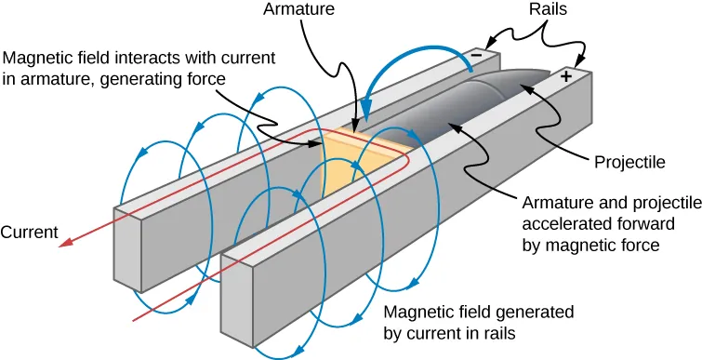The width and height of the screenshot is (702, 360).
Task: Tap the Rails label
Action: click(549, 12)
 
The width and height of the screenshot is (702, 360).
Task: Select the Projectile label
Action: click(631, 161)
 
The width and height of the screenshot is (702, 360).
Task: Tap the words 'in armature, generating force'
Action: click(113, 80)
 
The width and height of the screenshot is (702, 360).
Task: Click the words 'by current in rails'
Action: click(449, 332)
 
